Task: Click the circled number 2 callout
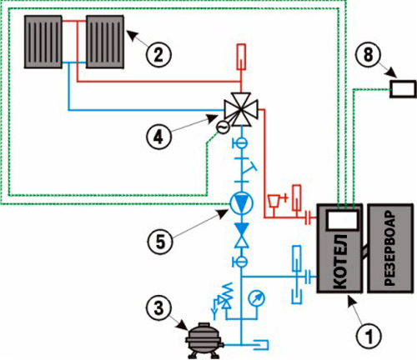pos(158,54)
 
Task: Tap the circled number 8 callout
pos(369,54)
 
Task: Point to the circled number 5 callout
pos(160,242)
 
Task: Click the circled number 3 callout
pos(158,308)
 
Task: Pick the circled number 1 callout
pos(369,337)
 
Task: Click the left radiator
pos(43,42)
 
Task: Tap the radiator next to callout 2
pos(105,42)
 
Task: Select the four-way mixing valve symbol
pos(241,109)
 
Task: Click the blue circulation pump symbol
pos(241,203)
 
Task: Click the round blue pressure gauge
pos(257,298)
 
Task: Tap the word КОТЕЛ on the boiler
pos(340,262)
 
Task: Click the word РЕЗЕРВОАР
pos(389,248)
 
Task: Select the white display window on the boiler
pos(342,219)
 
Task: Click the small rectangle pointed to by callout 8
pos(403,89)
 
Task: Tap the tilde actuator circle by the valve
pos(223,127)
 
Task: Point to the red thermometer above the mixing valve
pos(241,57)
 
